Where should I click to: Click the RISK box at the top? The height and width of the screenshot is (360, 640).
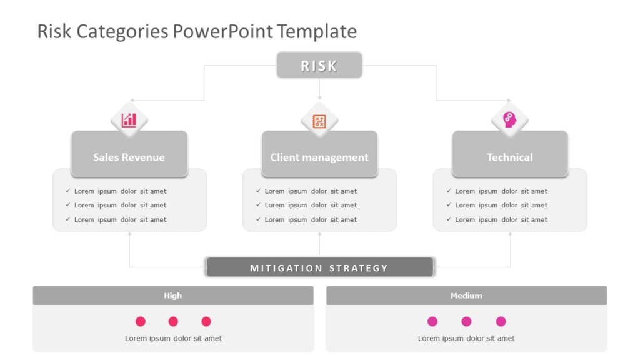point(319,66)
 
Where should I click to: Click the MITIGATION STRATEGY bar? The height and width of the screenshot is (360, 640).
point(319,267)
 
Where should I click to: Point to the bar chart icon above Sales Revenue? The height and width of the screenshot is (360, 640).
point(129,119)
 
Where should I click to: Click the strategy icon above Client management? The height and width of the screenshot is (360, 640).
point(319,121)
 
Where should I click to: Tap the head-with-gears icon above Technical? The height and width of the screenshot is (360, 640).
point(510,119)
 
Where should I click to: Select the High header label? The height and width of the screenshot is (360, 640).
point(173,296)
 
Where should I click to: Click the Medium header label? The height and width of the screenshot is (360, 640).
point(466,296)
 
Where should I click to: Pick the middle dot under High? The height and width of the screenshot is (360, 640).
point(173,321)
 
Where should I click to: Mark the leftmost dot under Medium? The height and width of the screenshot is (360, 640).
point(432,321)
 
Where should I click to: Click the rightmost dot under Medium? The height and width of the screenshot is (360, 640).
point(501,321)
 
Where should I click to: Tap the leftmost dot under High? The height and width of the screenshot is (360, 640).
point(141,321)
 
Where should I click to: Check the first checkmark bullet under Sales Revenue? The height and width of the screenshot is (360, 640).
point(67,191)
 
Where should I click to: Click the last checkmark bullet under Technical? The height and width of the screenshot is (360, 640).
point(449,219)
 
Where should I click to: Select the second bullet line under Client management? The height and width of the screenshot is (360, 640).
point(311,205)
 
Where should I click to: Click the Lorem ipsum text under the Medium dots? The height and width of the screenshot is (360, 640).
point(466,338)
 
